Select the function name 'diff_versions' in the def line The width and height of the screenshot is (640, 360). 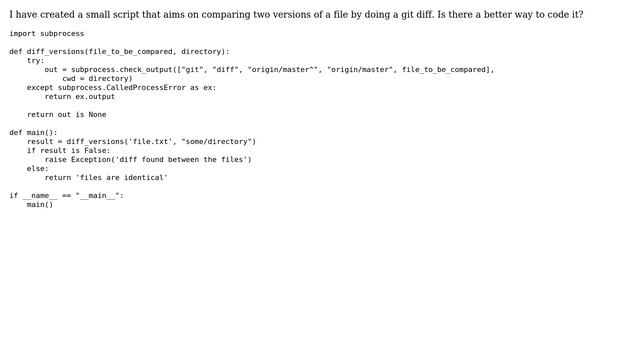[x=55, y=51]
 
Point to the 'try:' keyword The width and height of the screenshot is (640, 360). [x=35, y=60]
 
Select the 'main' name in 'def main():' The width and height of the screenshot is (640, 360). [x=37, y=132]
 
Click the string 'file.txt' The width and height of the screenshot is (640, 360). [x=150, y=141]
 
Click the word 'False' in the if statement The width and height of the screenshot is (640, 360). [x=97, y=150]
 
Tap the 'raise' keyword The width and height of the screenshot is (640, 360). [x=55, y=159]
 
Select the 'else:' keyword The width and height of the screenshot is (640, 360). [x=37, y=168]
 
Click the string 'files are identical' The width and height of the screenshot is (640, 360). [x=121, y=177]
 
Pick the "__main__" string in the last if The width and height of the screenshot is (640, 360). [x=97, y=196]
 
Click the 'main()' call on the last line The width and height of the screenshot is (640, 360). [x=40, y=205]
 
